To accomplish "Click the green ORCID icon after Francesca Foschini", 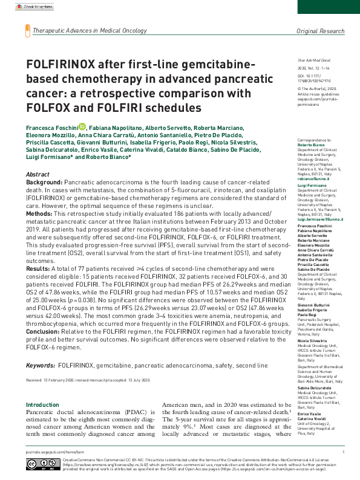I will pyautogui.click(x=83, y=128).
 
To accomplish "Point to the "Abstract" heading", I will pyautogui.click(x=38, y=174).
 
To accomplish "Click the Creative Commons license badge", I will pyautogui.click(x=43, y=464).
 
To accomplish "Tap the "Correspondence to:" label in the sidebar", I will pyautogui.click(x=313, y=140).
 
